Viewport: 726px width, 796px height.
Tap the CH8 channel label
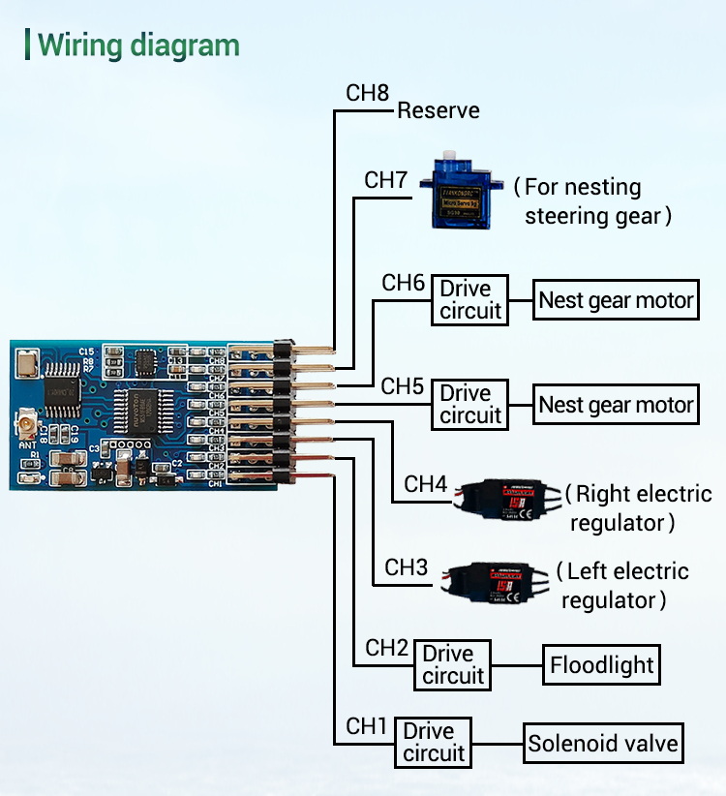(x=367, y=93)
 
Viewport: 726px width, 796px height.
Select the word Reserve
(x=439, y=110)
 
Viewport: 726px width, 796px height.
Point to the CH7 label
(x=385, y=180)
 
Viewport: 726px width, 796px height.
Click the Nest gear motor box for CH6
(x=616, y=300)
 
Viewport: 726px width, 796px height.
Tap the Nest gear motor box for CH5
(x=616, y=404)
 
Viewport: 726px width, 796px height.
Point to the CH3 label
(x=406, y=567)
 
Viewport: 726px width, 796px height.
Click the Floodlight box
(x=601, y=665)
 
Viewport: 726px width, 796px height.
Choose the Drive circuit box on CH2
(x=452, y=664)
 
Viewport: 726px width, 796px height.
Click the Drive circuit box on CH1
(x=434, y=742)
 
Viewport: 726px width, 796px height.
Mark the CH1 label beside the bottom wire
(x=367, y=725)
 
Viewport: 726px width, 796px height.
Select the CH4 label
(x=425, y=483)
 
